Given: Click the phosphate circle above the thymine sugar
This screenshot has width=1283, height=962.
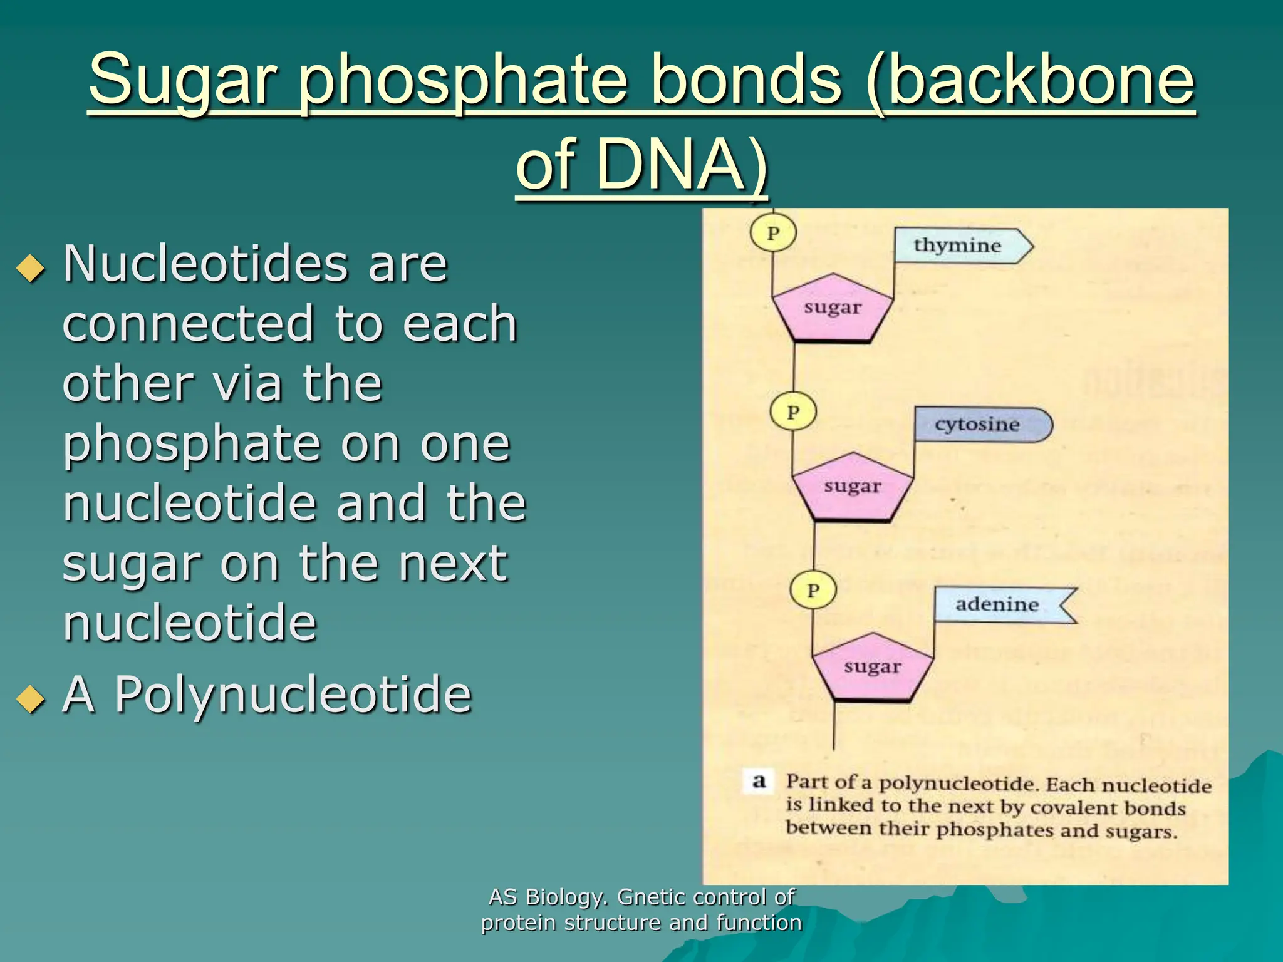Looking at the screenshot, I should [x=773, y=233].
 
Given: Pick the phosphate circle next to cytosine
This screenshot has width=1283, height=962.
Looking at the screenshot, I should [x=793, y=412].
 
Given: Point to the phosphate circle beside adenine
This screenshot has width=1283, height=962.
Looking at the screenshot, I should [x=813, y=590].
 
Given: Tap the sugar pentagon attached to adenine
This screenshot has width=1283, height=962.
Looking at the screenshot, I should [x=873, y=667].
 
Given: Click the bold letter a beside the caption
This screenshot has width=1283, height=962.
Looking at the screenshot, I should [x=759, y=781].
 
